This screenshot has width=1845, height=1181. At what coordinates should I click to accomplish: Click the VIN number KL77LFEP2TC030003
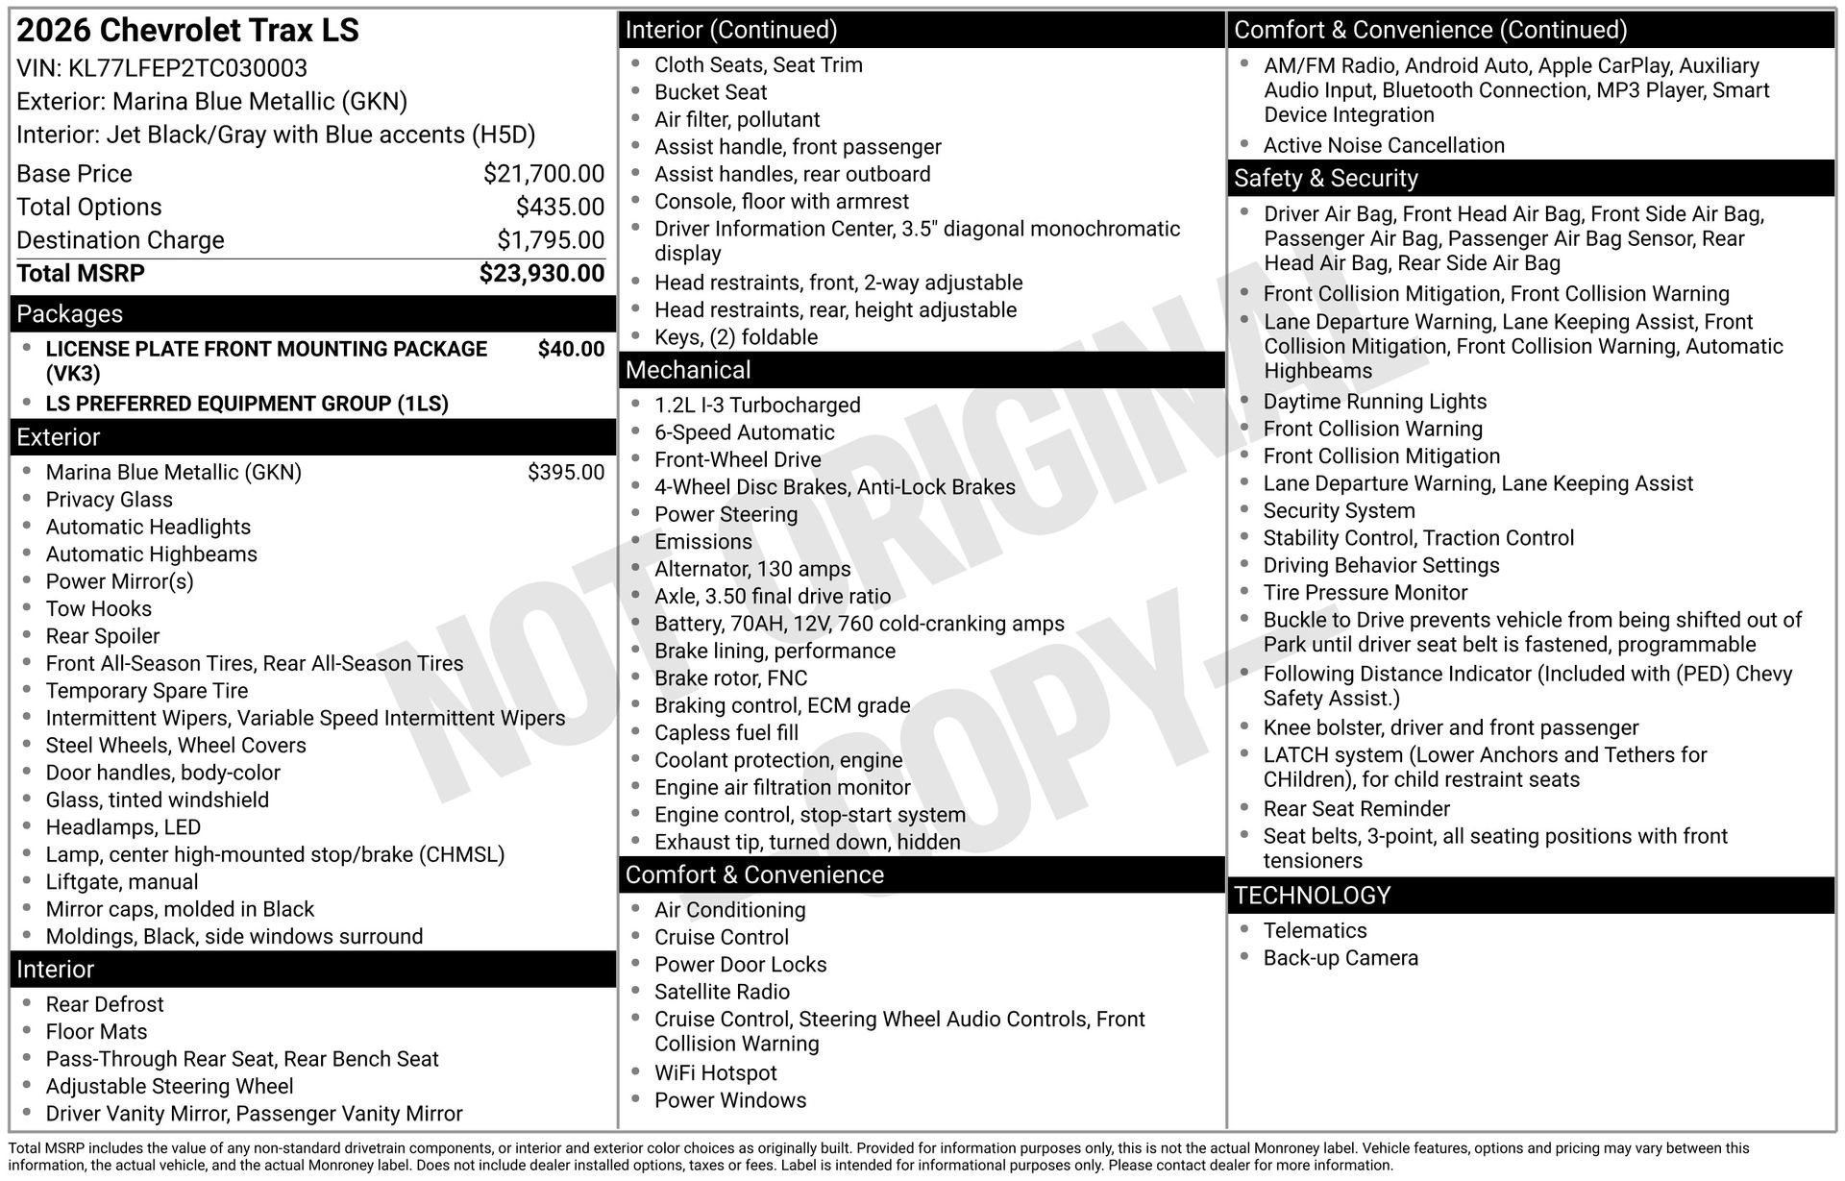tap(187, 69)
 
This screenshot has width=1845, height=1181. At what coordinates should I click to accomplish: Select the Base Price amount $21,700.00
tap(543, 174)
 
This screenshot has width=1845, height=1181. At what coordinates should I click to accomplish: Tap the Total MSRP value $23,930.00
tap(541, 274)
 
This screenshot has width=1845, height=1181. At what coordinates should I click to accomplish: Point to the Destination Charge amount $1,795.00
tap(550, 240)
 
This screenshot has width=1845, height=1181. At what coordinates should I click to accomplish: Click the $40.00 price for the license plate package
tap(571, 350)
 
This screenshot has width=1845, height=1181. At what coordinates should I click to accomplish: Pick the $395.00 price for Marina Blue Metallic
tap(565, 473)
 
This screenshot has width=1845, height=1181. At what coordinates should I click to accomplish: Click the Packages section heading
tap(70, 314)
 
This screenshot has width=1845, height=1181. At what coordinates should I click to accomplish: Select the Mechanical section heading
tap(688, 370)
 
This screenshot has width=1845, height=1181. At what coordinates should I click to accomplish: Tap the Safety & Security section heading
tap(1325, 179)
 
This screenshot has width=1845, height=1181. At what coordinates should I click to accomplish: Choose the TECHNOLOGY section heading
tap(1312, 896)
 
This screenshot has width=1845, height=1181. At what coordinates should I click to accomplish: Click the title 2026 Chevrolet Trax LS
tap(188, 31)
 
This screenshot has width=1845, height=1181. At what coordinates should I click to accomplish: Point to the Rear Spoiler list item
tap(103, 636)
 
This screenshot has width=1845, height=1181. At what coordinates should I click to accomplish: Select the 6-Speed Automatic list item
tap(745, 432)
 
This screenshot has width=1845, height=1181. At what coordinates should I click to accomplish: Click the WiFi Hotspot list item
tap(716, 1073)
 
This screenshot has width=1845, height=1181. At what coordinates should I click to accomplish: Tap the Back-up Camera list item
tap(1341, 958)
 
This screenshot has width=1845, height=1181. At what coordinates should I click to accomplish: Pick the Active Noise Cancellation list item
tap(1384, 146)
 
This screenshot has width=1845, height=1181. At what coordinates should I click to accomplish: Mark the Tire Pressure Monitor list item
tap(1365, 593)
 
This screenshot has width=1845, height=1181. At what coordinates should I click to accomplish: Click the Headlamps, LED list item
tap(123, 827)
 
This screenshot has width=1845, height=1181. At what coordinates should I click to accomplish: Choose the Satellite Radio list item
tap(722, 992)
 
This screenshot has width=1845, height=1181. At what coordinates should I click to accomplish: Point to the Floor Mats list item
tap(96, 1032)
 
